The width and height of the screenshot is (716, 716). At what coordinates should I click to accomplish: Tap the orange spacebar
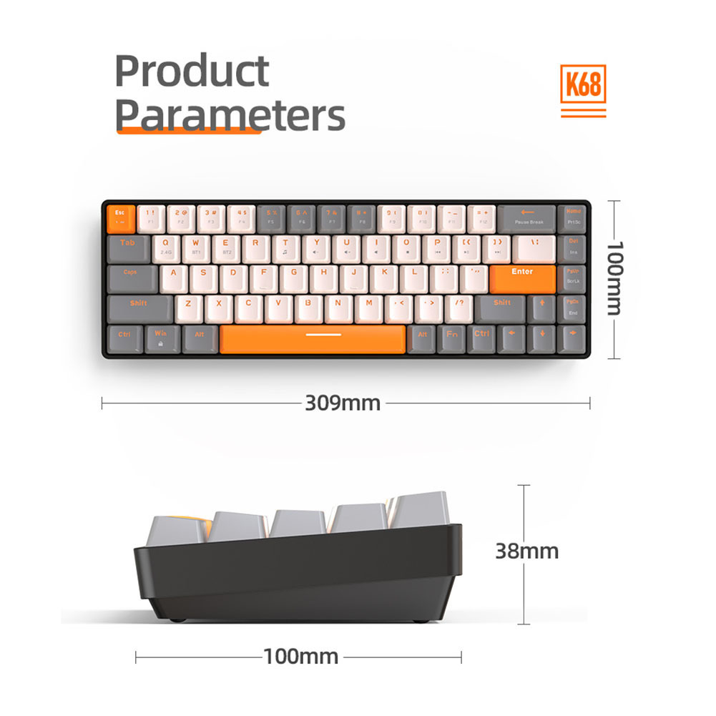[313, 338]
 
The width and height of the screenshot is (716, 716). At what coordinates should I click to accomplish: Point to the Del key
[573, 247]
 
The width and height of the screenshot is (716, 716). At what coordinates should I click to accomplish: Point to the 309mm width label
[343, 403]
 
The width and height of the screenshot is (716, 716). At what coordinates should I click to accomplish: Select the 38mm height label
[527, 551]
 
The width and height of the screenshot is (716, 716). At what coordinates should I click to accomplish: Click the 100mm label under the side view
[300, 656]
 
